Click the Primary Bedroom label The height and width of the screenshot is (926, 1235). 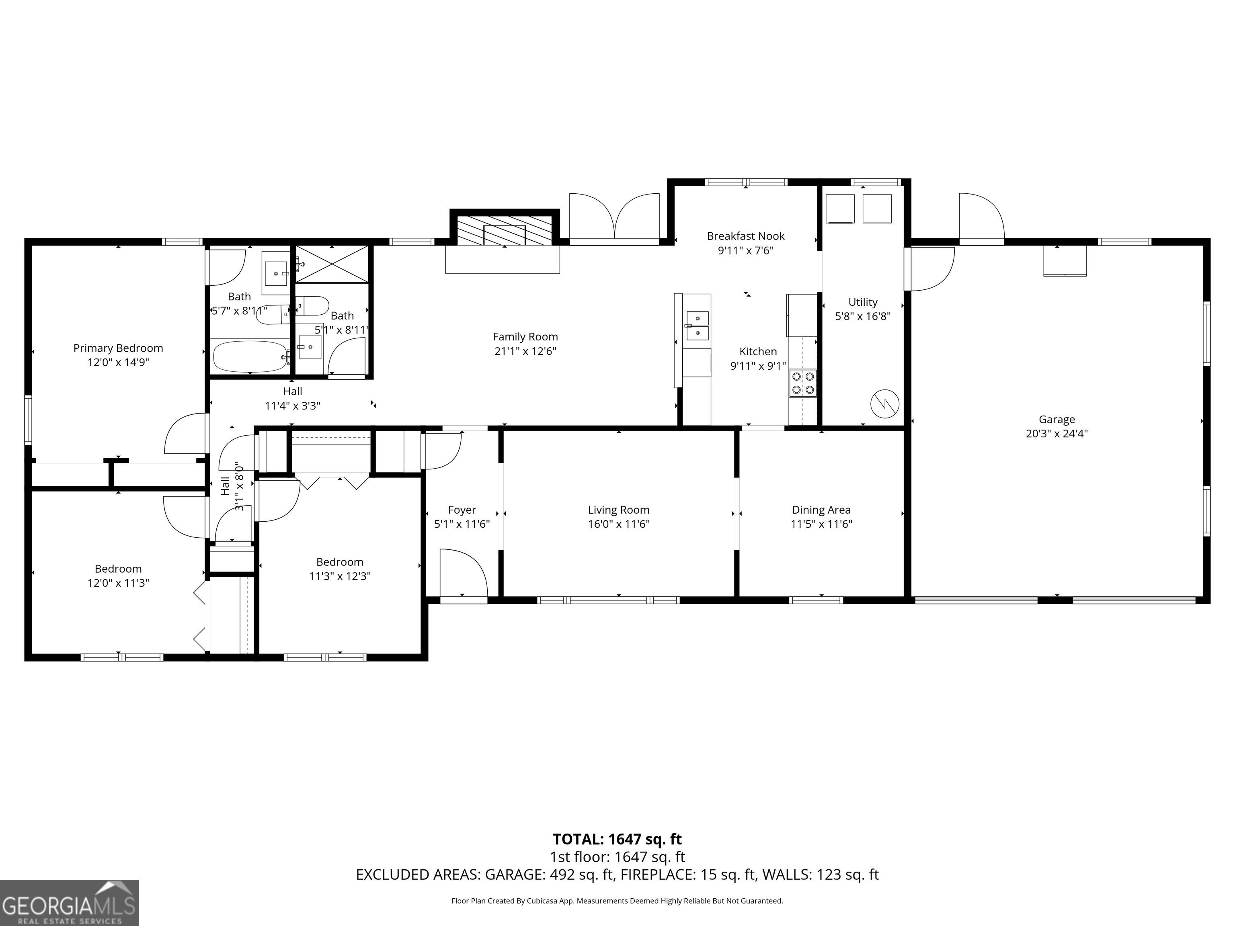pos(118,348)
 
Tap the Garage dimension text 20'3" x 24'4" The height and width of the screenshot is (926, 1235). pos(1057,433)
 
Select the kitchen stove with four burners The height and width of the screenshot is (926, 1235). pos(802,383)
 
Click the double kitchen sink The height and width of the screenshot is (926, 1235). pos(698,326)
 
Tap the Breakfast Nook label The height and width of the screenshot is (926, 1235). pos(745,236)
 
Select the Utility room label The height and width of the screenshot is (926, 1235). pos(863,302)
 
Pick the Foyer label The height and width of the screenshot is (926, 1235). pos(462,510)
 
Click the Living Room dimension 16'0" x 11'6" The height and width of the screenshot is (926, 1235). pos(619,524)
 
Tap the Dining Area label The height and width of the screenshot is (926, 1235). pos(821,510)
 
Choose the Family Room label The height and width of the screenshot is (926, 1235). pos(525,336)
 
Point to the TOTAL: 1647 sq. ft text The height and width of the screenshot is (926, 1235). pos(617,839)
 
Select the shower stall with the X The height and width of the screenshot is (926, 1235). pos(332,264)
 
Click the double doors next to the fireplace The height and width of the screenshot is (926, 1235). pos(614,218)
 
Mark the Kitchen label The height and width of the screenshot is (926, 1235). pos(758,352)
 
